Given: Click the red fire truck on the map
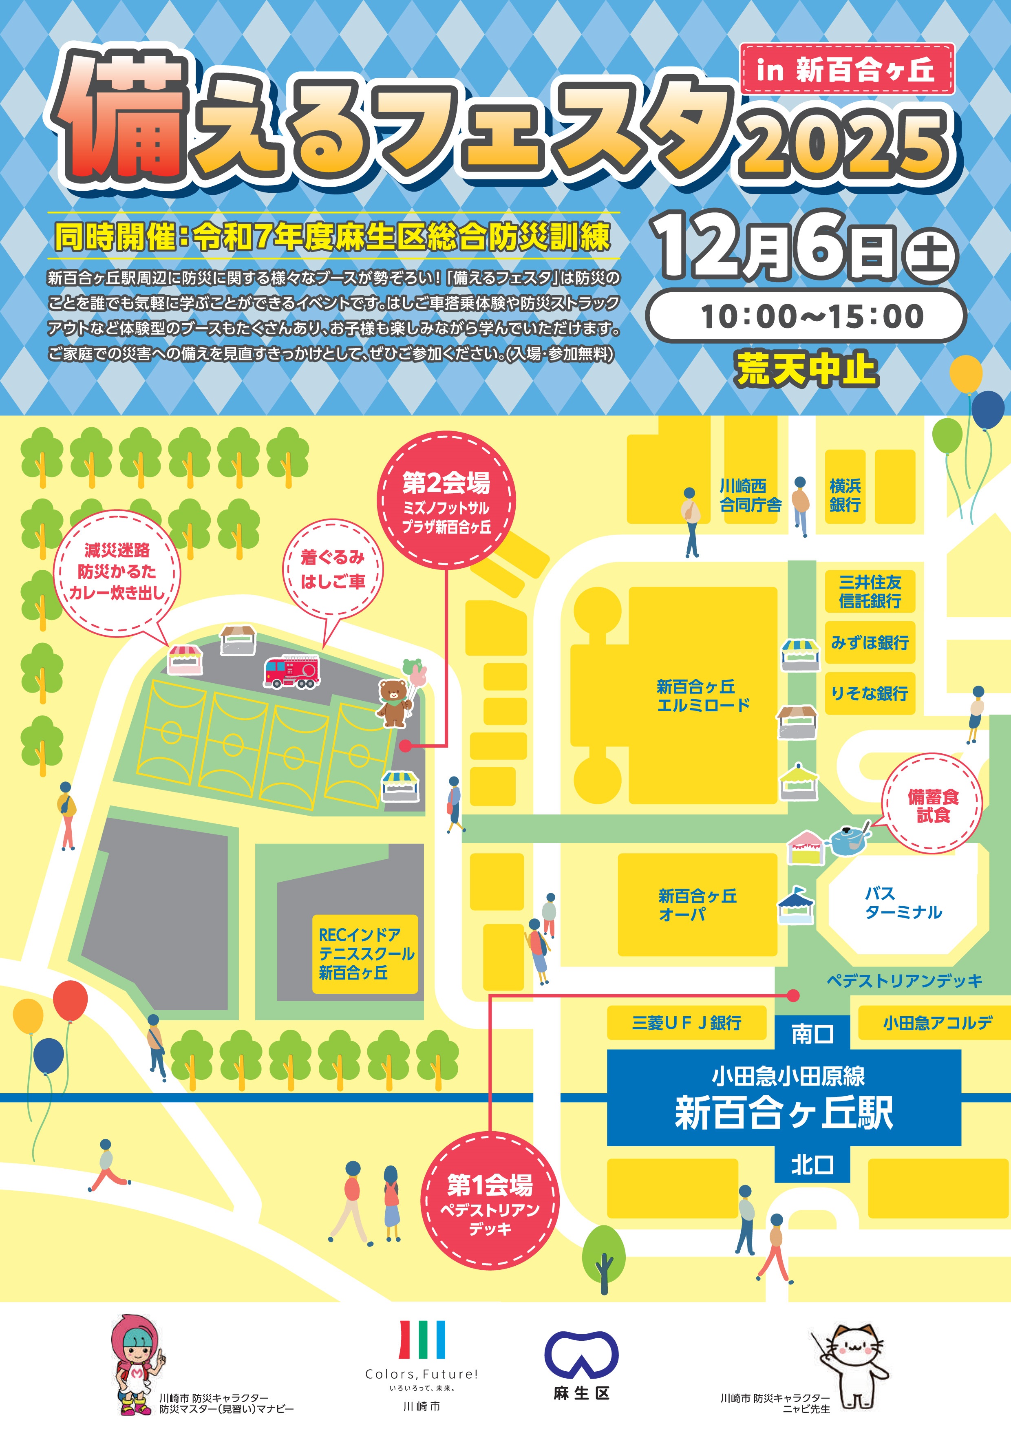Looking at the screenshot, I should point(291,671).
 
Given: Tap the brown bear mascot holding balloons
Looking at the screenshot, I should point(394,702).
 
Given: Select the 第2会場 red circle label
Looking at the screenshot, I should point(446,502).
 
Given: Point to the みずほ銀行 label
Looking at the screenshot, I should point(870,642).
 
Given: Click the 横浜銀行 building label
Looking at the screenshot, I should point(845,495).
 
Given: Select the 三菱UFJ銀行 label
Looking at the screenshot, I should point(687,1023).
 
